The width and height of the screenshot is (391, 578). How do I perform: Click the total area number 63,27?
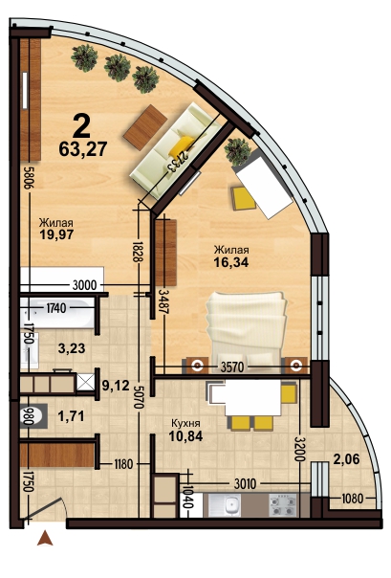83,149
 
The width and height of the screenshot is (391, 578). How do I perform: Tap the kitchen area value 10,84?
185,436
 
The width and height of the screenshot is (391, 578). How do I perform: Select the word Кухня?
185,424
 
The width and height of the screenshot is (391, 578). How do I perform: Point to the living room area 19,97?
56,234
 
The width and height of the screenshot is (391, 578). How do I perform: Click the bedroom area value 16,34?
231,261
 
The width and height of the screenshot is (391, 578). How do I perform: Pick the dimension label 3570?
234,367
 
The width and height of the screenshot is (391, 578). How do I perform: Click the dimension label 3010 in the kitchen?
245,483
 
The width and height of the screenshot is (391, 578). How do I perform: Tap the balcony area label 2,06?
346,459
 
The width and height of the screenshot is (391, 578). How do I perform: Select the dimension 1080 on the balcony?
353,499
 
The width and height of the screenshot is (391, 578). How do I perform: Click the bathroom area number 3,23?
72,348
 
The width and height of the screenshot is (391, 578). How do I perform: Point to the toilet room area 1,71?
72,416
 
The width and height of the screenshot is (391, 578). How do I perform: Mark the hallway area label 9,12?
116,386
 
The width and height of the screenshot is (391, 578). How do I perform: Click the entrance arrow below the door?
45,538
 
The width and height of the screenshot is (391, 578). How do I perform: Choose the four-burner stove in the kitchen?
282,505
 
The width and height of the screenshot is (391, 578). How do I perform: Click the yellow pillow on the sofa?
181,145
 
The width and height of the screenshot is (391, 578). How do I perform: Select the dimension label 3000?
85,285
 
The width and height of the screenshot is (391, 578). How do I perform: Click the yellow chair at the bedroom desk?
243,198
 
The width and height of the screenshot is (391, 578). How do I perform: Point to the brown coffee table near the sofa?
145,127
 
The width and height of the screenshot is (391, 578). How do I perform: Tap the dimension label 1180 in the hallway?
123,464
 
